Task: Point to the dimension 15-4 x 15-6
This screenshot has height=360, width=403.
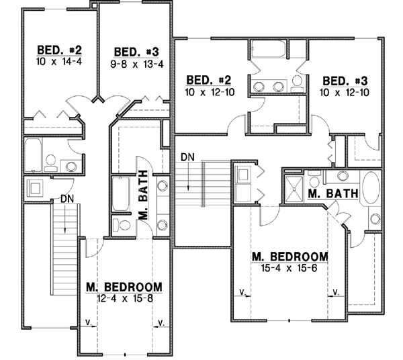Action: [x=289, y=267]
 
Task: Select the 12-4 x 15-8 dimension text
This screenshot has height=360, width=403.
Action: [x=125, y=298]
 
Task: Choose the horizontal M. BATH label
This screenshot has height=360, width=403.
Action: [x=331, y=193]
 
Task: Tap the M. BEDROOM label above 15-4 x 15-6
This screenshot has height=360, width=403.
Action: [x=289, y=257]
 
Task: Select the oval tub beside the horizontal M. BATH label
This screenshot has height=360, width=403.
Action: [x=371, y=190]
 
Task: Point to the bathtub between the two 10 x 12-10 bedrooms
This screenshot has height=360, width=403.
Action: [x=267, y=53]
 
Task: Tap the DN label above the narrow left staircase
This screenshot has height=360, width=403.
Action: [x=66, y=199]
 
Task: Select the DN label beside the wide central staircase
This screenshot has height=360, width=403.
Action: [x=188, y=157]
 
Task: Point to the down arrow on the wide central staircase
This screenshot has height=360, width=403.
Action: [x=189, y=177]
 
